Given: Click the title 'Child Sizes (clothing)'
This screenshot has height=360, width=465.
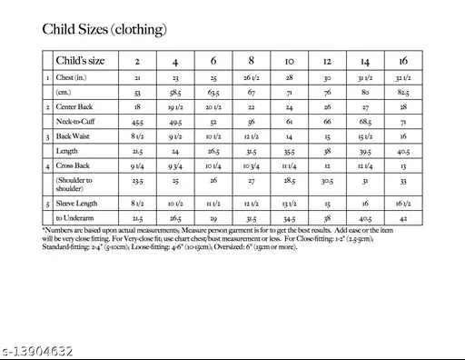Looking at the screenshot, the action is pos(104,30).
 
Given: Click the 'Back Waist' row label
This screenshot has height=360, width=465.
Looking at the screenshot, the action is pos(74,136).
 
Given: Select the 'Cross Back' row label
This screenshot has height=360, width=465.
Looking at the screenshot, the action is pos(74,166).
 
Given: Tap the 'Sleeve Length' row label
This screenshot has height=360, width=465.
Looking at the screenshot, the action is pos(77,204).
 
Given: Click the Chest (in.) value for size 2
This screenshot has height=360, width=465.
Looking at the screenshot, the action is pos(136,79).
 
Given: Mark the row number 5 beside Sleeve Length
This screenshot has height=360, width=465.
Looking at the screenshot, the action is pos(47,205).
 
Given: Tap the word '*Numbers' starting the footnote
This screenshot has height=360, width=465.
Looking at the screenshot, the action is pos(58,231).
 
